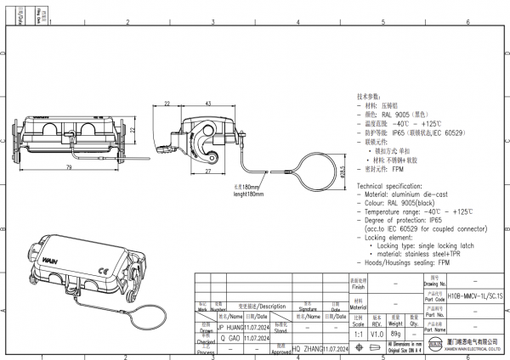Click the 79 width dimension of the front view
(67, 167)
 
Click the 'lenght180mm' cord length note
(247, 194)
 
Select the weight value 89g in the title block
(395, 334)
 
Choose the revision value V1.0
(376, 334)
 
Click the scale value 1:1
(358, 334)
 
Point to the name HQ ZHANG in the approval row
(306, 349)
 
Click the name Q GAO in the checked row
(229, 337)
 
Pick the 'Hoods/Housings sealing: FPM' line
(408, 263)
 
